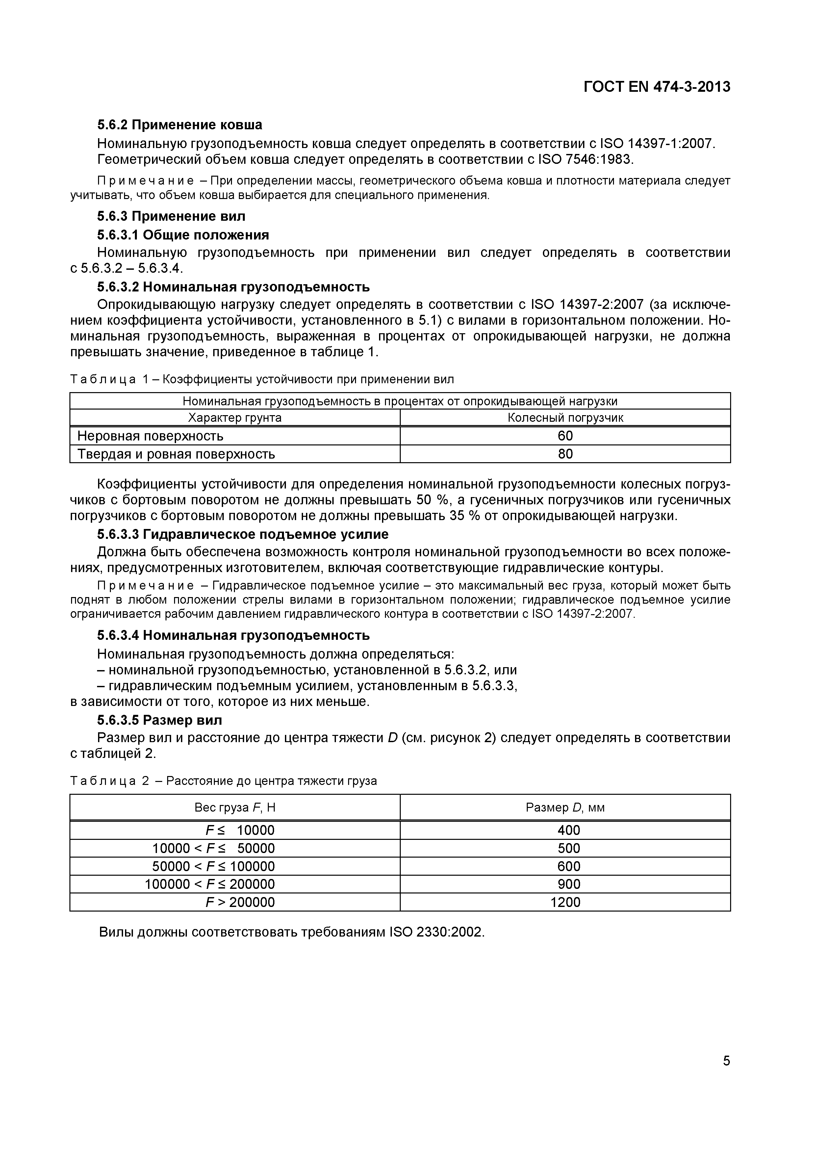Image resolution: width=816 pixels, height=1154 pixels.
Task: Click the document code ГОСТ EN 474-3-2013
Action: (657, 87)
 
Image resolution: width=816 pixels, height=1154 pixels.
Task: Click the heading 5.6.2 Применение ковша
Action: (180, 125)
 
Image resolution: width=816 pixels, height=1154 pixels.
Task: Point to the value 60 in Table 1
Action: (565, 436)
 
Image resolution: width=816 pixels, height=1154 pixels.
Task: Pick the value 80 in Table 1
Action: (565, 454)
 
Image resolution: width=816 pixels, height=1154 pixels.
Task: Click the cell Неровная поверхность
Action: (150, 436)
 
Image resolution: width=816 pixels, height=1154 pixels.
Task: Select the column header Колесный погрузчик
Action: (565, 418)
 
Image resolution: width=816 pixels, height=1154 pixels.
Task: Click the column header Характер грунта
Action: (235, 418)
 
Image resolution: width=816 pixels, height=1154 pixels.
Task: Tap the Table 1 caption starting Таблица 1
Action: (262, 380)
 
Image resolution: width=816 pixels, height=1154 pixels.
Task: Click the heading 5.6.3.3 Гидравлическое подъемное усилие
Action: (242, 534)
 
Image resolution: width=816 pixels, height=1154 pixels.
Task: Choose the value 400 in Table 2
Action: (569, 830)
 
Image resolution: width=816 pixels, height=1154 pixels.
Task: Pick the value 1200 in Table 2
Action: (565, 902)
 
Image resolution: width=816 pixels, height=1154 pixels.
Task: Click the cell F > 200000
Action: (240, 902)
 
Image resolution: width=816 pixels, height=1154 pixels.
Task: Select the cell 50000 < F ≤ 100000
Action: (214, 866)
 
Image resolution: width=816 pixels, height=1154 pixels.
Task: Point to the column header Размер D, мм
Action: (565, 808)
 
